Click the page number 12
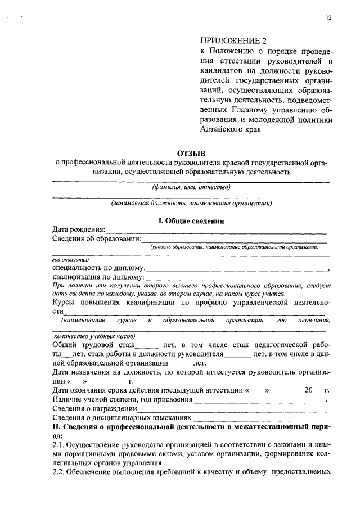click(328, 18)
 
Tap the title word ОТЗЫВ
click(192, 152)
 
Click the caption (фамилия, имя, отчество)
click(192, 187)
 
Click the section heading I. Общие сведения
click(191, 221)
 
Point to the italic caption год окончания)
click(68, 260)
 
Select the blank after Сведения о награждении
click(231, 409)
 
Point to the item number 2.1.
click(59, 445)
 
